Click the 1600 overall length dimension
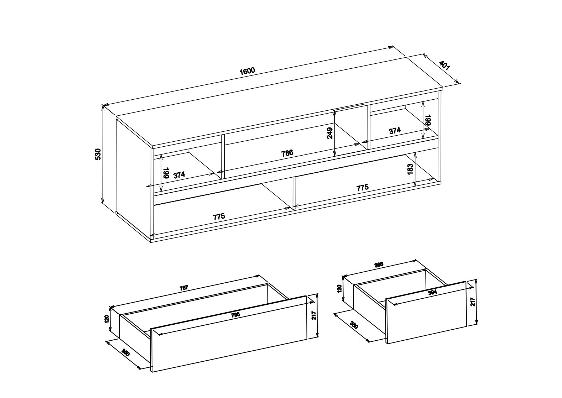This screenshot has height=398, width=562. click(247, 70)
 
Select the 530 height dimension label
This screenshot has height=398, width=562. click(98, 154)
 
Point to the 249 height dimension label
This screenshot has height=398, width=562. click(330, 133)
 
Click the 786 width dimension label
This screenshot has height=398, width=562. click(287, 153)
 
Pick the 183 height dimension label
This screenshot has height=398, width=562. click(410, 169)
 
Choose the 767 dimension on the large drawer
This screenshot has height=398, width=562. click(184, 288)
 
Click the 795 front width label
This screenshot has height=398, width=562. click(235, 315)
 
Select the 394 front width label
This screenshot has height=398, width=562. click(432, 292)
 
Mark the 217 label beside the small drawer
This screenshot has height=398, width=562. click(473, 302)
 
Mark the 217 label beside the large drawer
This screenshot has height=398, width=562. click(314, 316)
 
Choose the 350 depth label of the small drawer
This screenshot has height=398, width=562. click(354, 325)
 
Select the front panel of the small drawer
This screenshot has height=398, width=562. click(426, 313)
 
